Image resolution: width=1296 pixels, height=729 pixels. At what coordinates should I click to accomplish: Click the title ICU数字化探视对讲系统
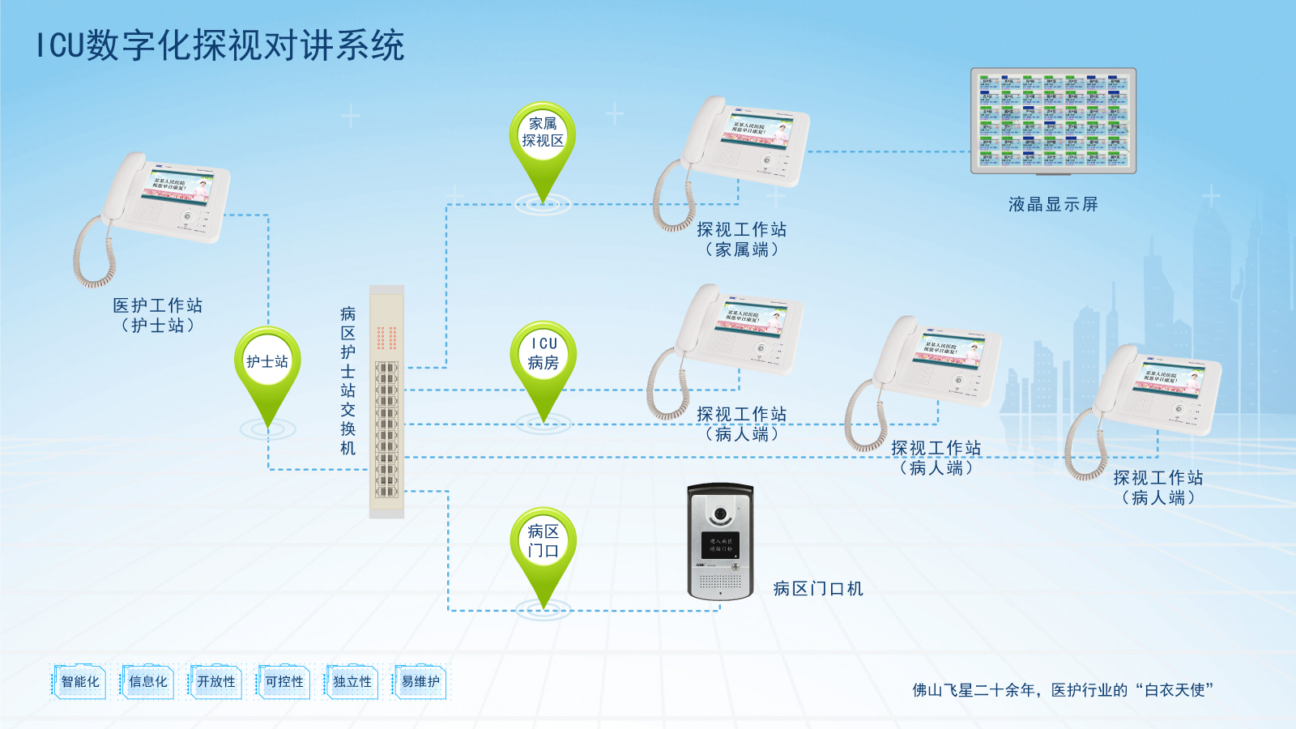tap(220, 45)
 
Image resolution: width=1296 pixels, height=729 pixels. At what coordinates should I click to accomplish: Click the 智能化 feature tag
tap(80, 682)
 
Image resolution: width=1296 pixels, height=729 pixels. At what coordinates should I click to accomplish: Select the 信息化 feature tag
tap(148, 682)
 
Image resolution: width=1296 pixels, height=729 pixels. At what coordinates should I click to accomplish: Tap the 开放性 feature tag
tap(216, 682)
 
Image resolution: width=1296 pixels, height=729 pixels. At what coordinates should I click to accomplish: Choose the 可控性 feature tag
tap(284, 682)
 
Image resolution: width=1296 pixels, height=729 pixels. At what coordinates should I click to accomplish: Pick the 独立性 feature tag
tap(352, 682)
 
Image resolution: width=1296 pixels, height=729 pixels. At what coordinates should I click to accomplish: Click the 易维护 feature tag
tap(420, 682)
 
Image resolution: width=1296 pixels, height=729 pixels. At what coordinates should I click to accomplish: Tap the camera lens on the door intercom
tap(720, 514)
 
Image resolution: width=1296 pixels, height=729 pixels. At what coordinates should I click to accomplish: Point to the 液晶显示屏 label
tap(1053, 205)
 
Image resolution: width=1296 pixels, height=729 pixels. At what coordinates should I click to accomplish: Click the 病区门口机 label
tap(818, 589)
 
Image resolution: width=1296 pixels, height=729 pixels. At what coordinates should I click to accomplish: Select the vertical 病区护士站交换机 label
tap(348, 381)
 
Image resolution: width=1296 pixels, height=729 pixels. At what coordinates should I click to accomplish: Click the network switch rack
tap(386, 402)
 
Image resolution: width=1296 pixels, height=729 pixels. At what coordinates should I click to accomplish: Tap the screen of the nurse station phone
tap(181, 187)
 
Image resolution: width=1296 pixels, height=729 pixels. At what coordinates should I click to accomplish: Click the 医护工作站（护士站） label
tap(158, 315)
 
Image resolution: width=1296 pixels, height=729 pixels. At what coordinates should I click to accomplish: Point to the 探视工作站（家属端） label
tap(742, 240)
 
